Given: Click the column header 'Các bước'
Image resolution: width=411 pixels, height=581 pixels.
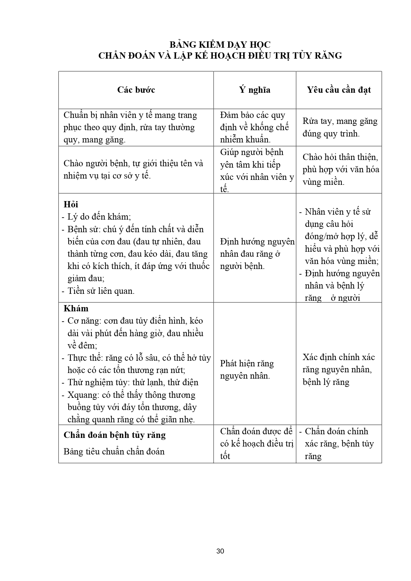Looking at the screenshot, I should pos(136,90).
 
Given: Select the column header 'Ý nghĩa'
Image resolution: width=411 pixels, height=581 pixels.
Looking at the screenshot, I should pos(255,90).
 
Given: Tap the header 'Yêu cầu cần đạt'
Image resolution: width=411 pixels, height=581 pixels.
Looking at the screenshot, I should pos(339,90).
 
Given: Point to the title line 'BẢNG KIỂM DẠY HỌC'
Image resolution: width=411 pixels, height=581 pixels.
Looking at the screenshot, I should pos(220,45).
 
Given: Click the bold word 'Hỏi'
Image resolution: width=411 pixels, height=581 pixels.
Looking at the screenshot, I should pos(71,204).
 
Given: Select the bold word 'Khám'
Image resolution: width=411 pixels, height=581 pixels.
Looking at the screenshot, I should pos(76,309).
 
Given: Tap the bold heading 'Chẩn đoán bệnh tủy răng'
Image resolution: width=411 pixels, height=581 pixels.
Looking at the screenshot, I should pos(115,435).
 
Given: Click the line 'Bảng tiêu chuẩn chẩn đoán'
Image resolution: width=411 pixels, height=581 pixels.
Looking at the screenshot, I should pos(114,451).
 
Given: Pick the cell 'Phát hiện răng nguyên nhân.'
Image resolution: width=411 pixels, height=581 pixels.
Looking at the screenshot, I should pos(247,370).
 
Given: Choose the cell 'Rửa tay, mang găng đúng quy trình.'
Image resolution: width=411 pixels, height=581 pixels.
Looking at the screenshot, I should pos(340,127).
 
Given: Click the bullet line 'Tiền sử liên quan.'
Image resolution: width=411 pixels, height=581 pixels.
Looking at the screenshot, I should pos(101,291).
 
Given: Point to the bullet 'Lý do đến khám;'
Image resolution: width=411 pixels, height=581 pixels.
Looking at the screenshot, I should pos(99,217).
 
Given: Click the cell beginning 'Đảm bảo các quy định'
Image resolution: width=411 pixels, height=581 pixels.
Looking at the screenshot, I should pos(254,127).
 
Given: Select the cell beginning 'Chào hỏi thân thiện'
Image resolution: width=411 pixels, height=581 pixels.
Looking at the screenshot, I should pos(340,169).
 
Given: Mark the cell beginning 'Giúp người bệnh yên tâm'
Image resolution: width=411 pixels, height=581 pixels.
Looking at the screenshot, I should pos(256,171).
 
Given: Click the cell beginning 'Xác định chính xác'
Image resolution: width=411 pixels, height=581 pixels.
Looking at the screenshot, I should pos(338,370).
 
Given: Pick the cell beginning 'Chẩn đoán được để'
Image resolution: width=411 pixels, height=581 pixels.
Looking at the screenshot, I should pos(256,444).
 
